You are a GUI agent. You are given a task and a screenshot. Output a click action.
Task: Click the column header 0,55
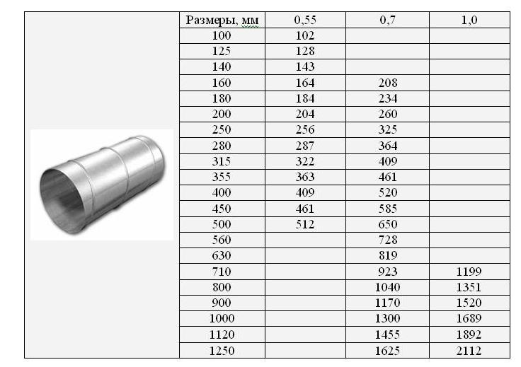pos(305,20)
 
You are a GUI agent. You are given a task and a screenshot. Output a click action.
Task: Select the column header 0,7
pos(387,20)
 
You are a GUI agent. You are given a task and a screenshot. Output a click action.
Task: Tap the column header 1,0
pos(469,20)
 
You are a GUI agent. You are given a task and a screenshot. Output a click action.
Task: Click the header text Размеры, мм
pos(222,21)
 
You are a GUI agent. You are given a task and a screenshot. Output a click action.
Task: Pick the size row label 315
pos(222,161)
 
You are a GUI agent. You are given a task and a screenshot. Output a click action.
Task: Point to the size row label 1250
pos(222,351)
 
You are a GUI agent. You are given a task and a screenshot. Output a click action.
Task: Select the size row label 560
pos(222,240)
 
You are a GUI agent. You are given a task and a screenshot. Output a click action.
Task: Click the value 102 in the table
pos(305,35)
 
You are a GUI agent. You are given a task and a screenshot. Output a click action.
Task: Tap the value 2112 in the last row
pos(469,351)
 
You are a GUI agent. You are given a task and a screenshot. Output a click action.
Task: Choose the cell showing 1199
pos(469,272)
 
